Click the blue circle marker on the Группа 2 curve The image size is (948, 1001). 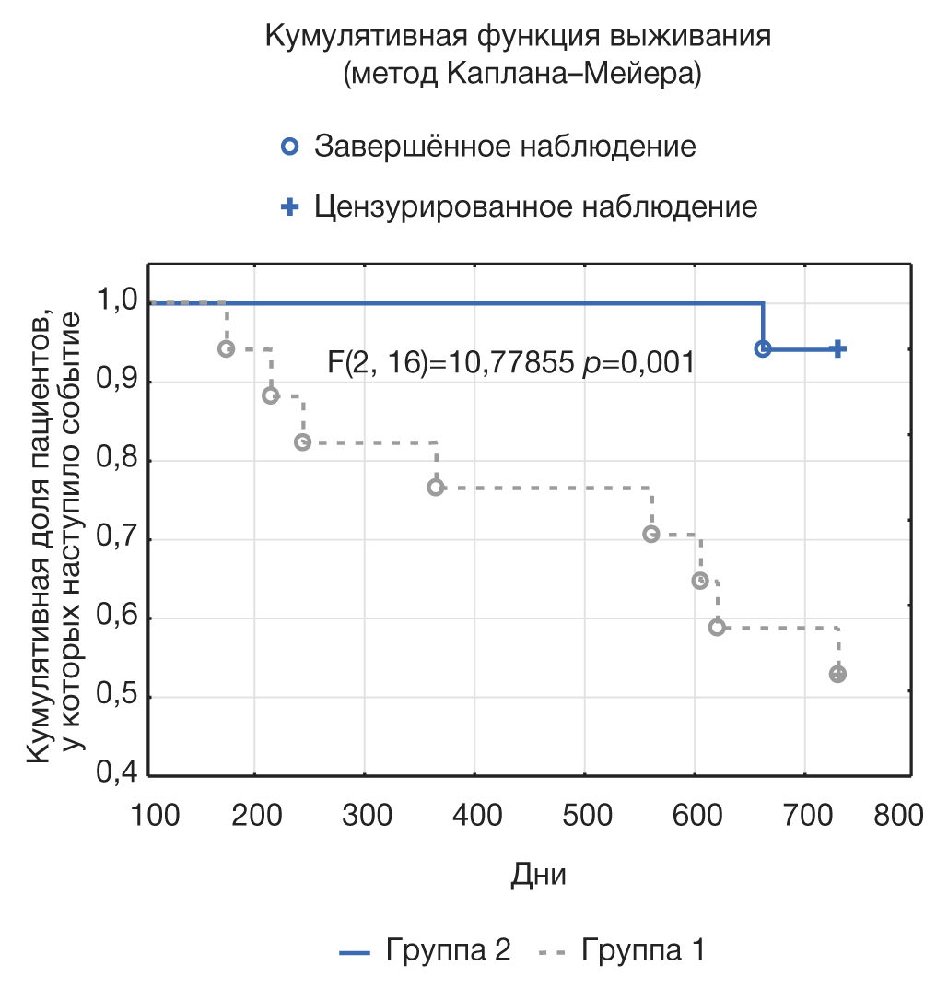763,348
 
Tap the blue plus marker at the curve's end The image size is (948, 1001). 838,348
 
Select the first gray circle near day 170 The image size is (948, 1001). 227,348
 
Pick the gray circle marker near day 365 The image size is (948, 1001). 436,488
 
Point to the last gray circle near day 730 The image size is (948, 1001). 837,674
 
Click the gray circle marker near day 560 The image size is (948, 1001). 651,534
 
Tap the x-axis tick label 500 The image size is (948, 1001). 586,815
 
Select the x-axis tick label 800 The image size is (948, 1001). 897,815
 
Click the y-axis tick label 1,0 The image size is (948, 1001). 118,300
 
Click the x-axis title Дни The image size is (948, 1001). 538,875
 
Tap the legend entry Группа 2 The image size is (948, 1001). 449,950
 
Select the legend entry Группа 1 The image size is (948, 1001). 644,950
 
